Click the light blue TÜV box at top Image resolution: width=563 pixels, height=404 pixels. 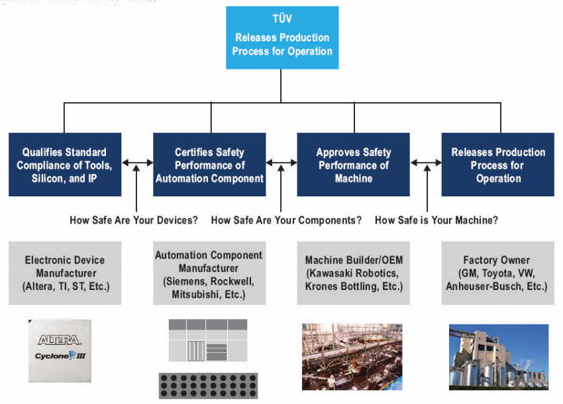tap(282, 38)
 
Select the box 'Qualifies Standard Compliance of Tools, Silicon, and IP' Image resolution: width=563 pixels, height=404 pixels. tap(65, 165)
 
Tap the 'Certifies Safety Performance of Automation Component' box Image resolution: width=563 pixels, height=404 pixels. tap(209, 165)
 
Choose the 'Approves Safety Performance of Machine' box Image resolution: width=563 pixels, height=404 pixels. tap(353, 165)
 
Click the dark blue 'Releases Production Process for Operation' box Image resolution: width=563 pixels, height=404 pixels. tap(498, 165)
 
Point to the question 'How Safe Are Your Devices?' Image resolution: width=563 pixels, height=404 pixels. tap(134, 220)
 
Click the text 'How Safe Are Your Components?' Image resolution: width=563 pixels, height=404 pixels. tap(286, 220)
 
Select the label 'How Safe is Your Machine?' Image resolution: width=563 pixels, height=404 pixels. tap(436, 220)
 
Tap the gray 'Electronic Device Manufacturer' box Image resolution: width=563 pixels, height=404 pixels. tap(65, 273)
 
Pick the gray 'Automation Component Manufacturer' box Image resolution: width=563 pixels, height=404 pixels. tap(209, 273)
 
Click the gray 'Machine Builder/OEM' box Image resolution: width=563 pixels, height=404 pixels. tap(353, 273)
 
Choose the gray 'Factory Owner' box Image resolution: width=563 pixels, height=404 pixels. tap(498, 273)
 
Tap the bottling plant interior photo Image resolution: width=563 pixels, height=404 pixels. tap(352, 356)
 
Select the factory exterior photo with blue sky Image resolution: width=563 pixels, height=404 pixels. tap(498, 356)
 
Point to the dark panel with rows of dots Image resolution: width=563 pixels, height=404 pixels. tap(208, 385)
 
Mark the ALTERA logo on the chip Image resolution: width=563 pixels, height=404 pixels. tap(60, 340)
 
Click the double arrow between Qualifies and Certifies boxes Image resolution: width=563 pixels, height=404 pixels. tap(137, 163)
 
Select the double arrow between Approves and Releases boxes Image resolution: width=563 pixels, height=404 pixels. tap(426, 163)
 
